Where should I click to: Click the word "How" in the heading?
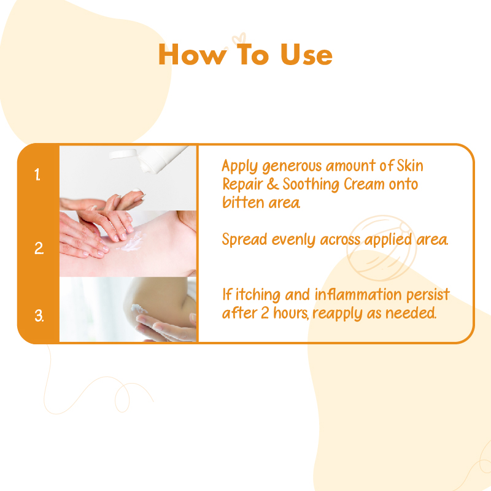[x=193, y=55]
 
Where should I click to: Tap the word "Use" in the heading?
[x=306, y=55]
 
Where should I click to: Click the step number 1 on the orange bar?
[x=37, y=174]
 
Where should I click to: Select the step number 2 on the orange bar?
[x=39, y=248]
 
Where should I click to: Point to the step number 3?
[x=39, y=315]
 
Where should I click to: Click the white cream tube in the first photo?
[x=163, y=159]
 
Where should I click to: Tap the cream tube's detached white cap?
[x=123, y=154]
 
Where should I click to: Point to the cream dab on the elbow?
[x=139, y=309]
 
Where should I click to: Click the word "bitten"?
[x=243, y=202]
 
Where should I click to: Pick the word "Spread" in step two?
[x=244, y=240]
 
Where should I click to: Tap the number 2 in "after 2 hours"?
[x=265, y=313]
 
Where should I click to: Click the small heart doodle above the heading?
[x=239, y=39]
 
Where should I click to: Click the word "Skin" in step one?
[x=410, y=165]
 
